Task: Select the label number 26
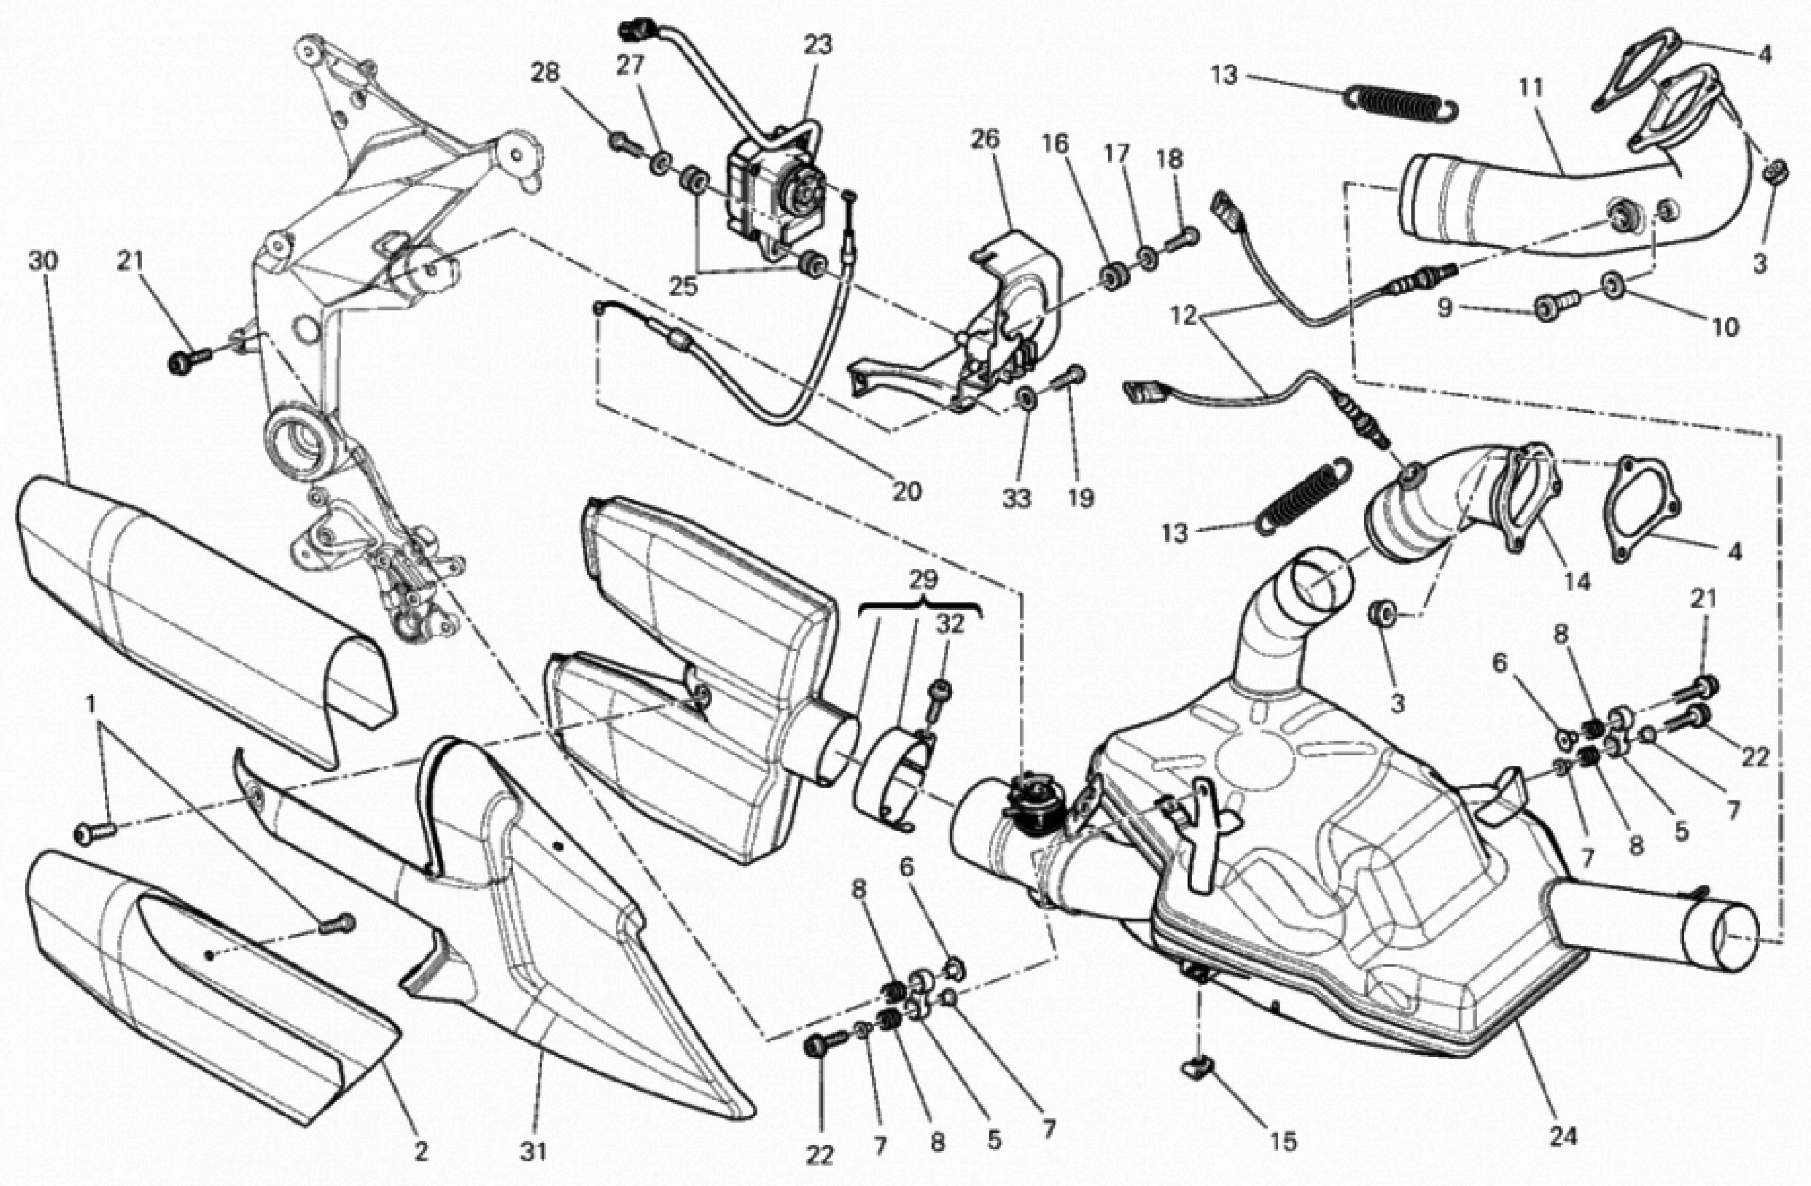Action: [985, 140]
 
